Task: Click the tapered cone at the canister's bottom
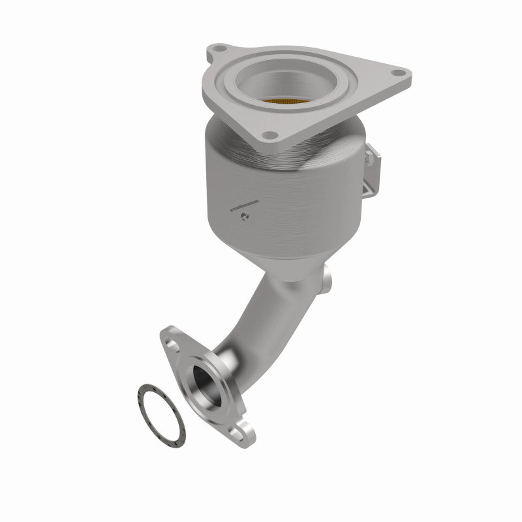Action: [287, 261]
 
